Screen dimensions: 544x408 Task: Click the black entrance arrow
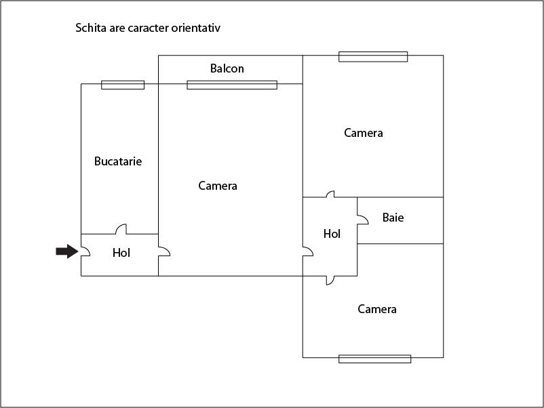(67, 251)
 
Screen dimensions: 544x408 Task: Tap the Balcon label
(227, 68)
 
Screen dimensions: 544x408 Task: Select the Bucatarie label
(118, 161)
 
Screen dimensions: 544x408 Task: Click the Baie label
(393, 218)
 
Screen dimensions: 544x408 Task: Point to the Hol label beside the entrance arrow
(121, 253)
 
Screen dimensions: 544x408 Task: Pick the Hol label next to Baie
(332, 234)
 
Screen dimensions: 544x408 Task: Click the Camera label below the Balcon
(218, 186)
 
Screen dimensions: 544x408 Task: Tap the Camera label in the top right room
(364, 133)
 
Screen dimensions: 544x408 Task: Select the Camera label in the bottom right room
(376, 309)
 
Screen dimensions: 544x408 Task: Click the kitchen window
(123, 85)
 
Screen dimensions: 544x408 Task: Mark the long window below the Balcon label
(232, 85)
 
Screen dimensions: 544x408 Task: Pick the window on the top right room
(373, 57)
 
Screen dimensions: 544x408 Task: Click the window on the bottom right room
(374, 359)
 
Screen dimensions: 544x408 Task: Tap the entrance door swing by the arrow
(85, 251)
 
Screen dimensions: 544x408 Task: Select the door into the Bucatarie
(121, 229)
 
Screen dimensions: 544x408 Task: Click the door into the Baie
(363, 220)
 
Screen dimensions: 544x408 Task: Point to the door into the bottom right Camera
(330, 281)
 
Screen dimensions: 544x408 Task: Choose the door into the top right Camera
(330, 194)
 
